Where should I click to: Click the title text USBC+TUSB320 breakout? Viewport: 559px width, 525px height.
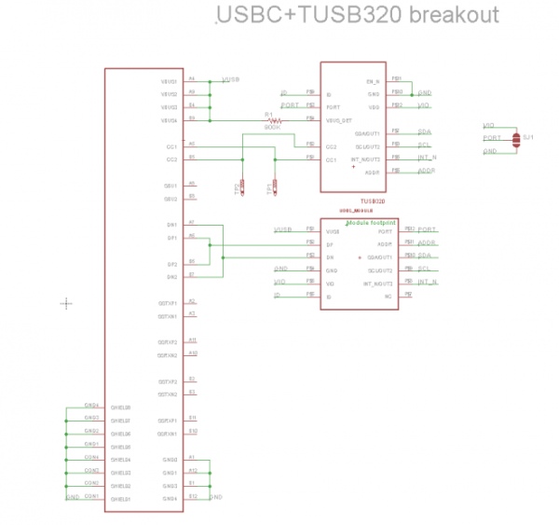pos(357,16)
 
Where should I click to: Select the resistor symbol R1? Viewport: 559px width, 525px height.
pos(272,120)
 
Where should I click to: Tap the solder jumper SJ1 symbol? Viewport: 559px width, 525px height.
pos(516,138)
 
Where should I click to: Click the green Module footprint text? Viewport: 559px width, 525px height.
pos(372,224)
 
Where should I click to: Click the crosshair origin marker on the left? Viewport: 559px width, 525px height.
pos(66,302)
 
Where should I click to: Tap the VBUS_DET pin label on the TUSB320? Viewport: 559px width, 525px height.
pos(337,120)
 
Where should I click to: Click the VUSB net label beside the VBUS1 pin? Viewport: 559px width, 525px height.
pos(231,81)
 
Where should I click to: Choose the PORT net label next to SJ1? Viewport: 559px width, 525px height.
pos(491,138)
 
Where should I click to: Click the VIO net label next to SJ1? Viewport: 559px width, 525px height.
pos(488,125)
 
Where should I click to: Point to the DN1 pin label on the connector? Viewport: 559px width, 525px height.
pos(171,225)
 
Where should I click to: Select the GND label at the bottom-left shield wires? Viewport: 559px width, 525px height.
pos(72,498)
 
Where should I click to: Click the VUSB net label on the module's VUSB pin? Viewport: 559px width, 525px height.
pos(282,229)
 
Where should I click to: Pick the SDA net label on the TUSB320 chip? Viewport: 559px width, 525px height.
pos(424,132)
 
